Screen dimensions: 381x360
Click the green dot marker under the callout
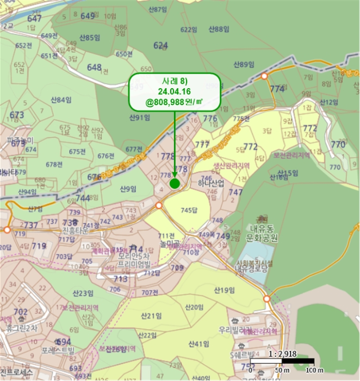[x=175, y=183]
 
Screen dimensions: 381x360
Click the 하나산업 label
[x=211, y=185]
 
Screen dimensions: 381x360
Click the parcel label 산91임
[x=139, y=118]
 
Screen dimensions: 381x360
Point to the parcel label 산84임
[x=61, y=100]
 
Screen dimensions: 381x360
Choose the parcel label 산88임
[x=219, y=29]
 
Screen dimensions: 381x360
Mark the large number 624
[x=161, y=45]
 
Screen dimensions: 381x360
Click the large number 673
[x=17, y=115]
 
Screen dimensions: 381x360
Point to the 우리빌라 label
[x=233, y=330]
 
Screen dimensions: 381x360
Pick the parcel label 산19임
[x=224, y=290]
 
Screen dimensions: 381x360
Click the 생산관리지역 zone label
[x=231, y=165]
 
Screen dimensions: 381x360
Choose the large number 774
[x=277, y=89]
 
